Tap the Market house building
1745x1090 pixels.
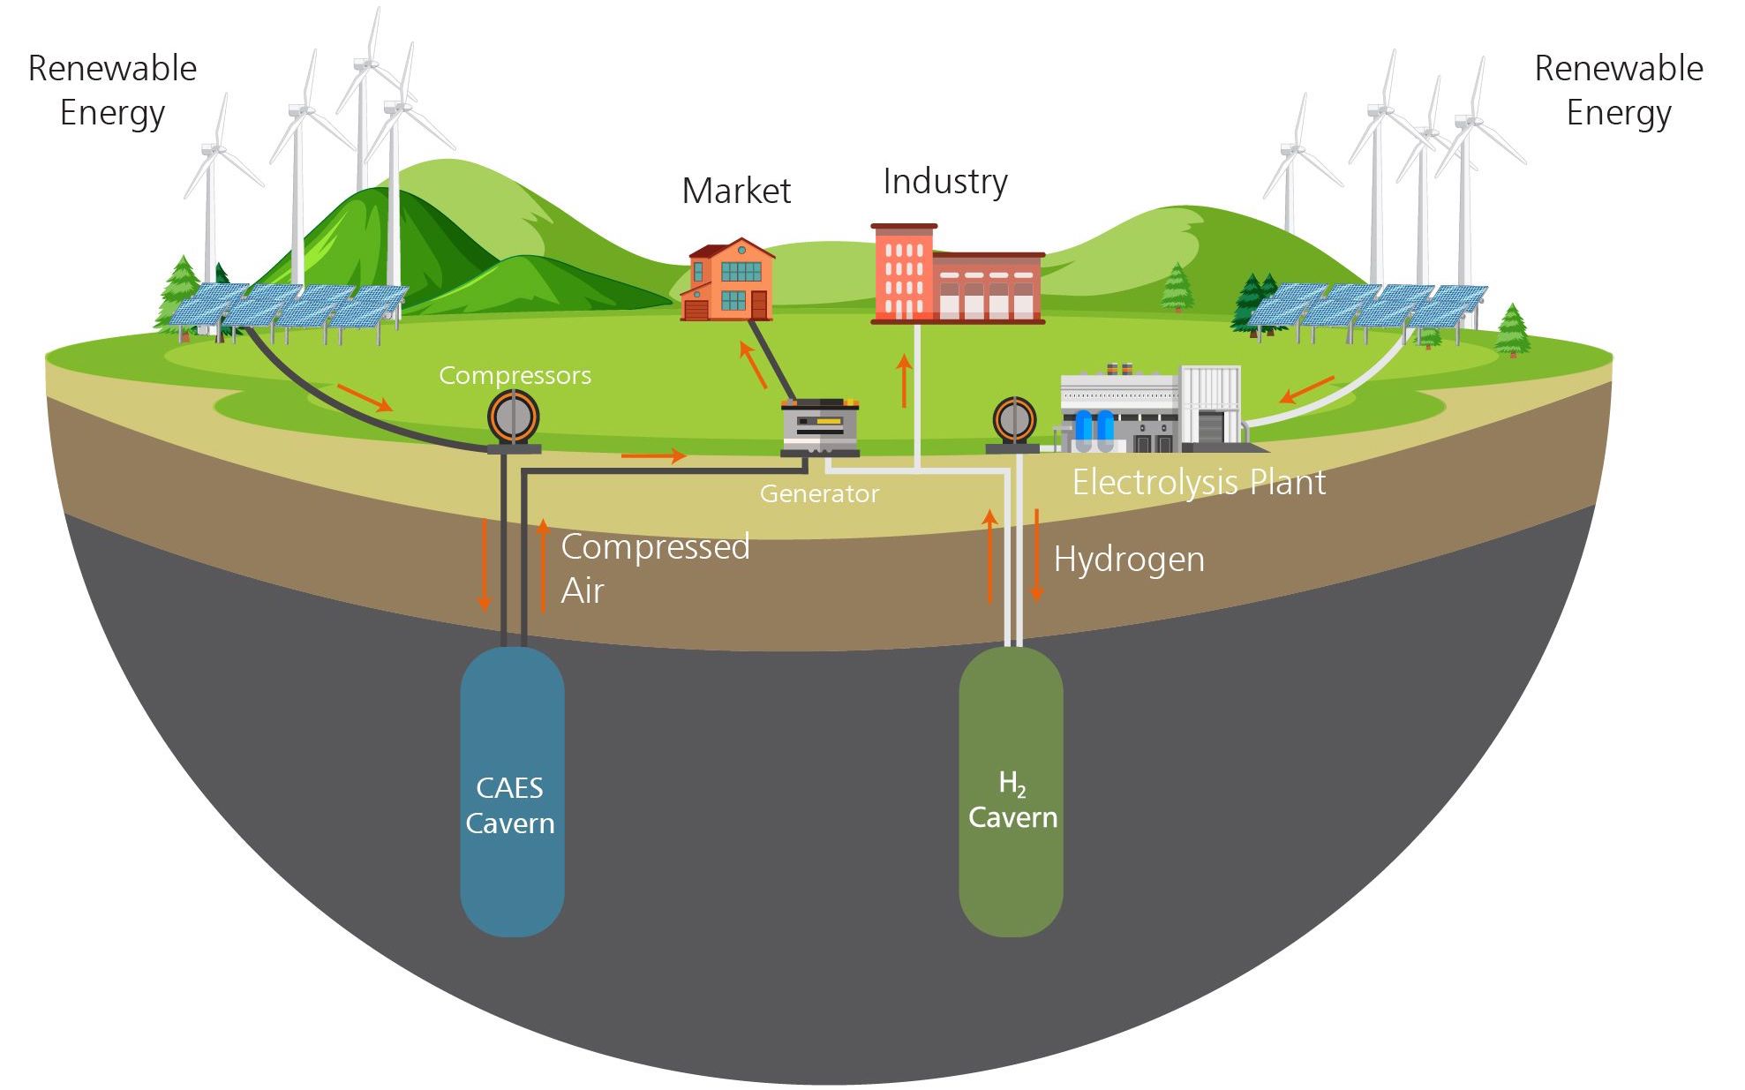pyautogui.click(x=730, y=281)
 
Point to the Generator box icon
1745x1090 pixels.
pyautogui.click(x=820, y=429)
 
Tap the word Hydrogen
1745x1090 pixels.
pyautogui.click(x=1128, y=560)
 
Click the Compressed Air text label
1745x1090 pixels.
pyautogui.click(x=654, y=568)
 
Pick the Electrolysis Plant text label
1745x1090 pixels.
pyautogui.click(x=1198, y=483)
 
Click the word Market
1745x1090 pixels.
pyautogui.click(x=736, y=192)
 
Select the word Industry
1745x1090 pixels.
pyautogui.click(x=944, y=182)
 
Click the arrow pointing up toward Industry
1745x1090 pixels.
pyautogui.click(x=903, y=380)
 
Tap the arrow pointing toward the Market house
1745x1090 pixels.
pyautogui.click(x=753, y=365)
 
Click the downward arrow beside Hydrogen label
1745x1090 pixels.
pyautogui.click(x=1037, y=555)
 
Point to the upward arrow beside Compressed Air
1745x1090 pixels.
pyautogui.click(x=543, y=565)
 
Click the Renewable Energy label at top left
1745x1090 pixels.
pyautogui.click(x=112, y=91)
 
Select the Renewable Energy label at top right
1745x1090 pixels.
pyautogui.click(x=1618, y=91)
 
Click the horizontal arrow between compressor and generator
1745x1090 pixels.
pyautogui.click(x=653, y=455)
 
